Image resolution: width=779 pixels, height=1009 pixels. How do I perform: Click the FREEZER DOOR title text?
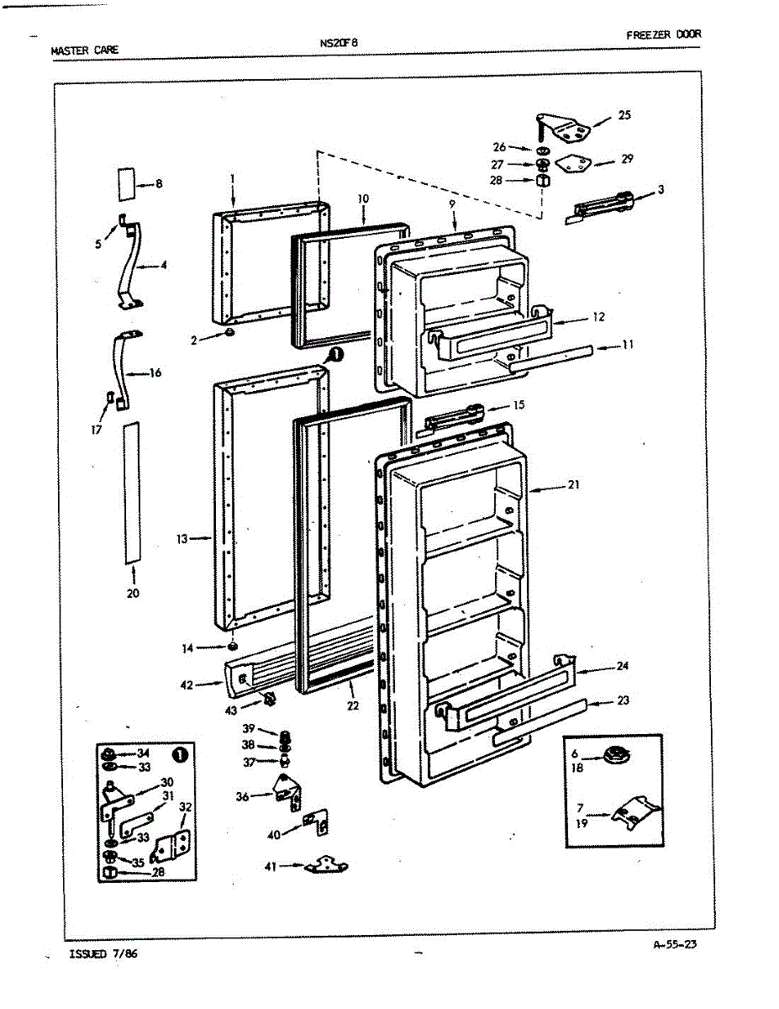click(x=663, y=34)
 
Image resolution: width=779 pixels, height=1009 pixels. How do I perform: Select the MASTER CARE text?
click(x=85, y=50)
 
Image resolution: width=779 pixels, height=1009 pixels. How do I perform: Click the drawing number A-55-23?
click(x=675, y=943)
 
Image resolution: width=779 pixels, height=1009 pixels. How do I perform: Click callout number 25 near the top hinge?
click(x=624, y=115)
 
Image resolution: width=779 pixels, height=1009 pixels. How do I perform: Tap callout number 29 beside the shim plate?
click(x=627, y=159)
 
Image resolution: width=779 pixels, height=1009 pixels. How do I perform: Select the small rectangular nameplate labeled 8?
click(x=126, y=182)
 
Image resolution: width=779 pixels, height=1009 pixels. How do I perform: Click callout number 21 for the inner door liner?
click(x=573, y=484)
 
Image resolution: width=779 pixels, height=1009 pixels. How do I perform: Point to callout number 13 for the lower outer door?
click(x=182, y=539)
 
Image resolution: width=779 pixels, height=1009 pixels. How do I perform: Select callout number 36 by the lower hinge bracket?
click(x=243, y=796)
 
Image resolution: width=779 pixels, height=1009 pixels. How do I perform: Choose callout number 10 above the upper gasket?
click(x=363, y=199)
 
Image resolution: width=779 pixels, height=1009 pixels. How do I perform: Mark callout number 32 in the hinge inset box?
click(x=186, y=807)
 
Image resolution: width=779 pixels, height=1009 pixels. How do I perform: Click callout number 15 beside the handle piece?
click(x=518, y=405)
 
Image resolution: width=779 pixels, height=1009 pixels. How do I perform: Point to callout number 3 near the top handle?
click(x=661, y=190)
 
